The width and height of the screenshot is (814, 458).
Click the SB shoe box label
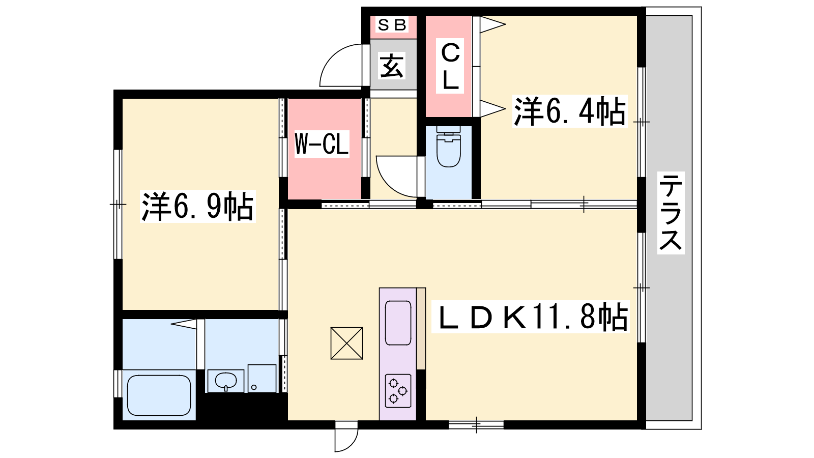392,25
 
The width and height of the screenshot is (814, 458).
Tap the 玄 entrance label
391,66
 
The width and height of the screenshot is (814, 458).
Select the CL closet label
450,66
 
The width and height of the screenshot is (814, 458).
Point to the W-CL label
322,145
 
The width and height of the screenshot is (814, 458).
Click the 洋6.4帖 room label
569,111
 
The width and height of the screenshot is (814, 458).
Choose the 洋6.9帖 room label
197,206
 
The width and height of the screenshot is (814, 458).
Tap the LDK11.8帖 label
530,317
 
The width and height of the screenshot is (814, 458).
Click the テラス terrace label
671,213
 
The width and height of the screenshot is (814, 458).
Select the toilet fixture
448,147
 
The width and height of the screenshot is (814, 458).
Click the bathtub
159,395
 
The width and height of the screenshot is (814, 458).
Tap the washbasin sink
226,381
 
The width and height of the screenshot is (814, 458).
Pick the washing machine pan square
262,379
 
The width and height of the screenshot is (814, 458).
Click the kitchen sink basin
398,323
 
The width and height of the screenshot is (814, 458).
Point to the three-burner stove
398,391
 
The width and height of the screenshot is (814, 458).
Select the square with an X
346,343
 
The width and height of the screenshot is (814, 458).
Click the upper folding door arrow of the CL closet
493,25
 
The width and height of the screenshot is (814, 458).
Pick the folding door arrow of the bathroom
184,324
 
